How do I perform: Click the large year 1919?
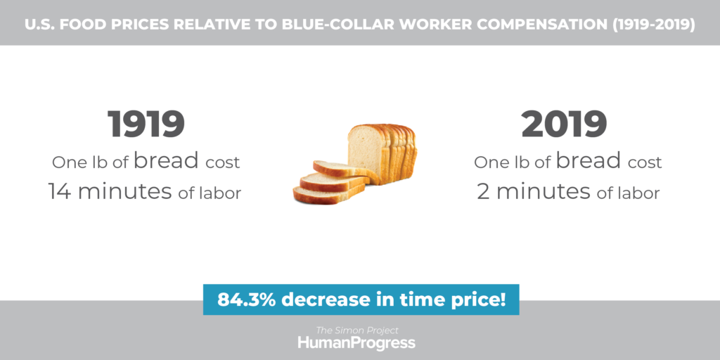point(146,124)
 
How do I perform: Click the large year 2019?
point(565,124)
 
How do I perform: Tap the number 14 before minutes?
point(60,191)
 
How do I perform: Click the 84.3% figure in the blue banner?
point(247,300)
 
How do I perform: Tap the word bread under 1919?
point(167,160)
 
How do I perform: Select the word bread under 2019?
point(589,160)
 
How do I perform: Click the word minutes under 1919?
point(125,191)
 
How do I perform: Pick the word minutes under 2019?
point(544,191)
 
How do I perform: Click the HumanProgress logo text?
point(356,343)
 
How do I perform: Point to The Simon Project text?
point(357,330)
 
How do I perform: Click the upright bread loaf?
point(382,153)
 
